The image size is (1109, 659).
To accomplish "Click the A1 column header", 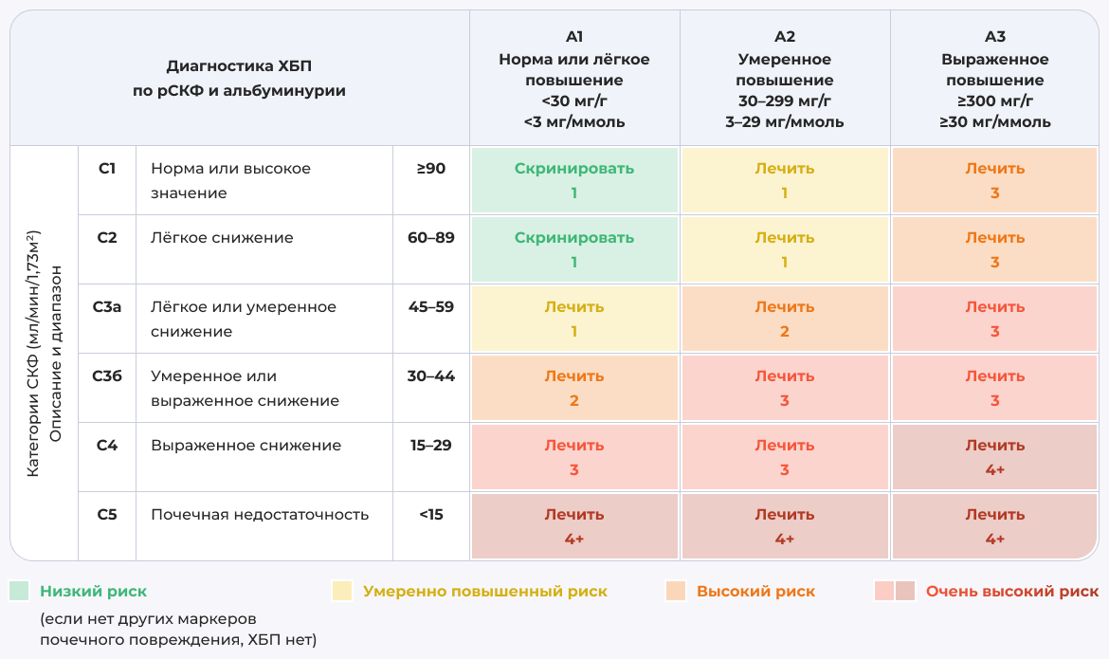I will click(573, 79).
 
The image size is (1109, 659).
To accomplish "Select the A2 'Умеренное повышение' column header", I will click(784, 79).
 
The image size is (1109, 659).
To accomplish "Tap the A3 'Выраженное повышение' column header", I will click(994, 79).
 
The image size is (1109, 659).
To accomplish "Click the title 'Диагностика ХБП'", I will click(239, 66).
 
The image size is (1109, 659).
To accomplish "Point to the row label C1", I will click(107, 169).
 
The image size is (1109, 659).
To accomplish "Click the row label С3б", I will click(107, 376).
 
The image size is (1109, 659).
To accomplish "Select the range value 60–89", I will click(431, 238).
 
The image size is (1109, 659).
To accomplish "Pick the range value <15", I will click(431, 515).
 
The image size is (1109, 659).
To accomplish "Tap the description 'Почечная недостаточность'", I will click(259, 515).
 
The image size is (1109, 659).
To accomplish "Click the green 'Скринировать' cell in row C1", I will click(573, 180).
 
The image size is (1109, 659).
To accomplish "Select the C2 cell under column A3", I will click(994, 249).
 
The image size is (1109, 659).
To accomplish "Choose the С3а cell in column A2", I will click(784, 319).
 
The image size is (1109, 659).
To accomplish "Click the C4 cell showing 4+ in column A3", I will click(994, 457).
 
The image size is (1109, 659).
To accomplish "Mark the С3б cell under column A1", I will click(573, 388).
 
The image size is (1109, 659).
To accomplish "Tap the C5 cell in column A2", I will click(784, 526).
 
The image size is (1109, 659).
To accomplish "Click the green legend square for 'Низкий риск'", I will click(19, 592).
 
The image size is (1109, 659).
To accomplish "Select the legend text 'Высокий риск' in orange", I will click(755, 592).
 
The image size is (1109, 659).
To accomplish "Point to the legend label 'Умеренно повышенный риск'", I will click(484, 592).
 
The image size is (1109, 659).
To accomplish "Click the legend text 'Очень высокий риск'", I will click(1011, 592).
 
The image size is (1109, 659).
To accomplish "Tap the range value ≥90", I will click(431, 169).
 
